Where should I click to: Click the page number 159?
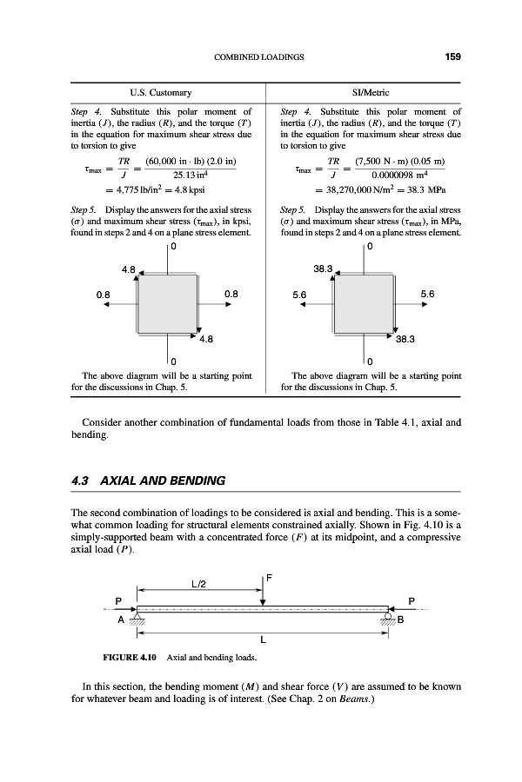[452, 57]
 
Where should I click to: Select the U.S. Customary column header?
[164, 91]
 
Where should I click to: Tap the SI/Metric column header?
[369, 91]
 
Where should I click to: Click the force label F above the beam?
[270, 574]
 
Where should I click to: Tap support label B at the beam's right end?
[401, 620]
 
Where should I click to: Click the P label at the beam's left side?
[118, 600]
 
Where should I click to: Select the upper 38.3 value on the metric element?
[324, 269]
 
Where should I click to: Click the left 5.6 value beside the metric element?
[300, 294]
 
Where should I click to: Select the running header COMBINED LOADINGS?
[258, 57]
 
